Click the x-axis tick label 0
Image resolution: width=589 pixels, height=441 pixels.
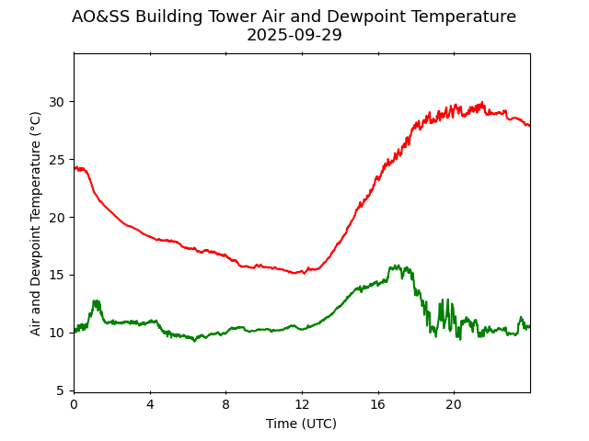tap(74, 404)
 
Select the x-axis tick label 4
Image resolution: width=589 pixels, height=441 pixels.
tap(150, 404)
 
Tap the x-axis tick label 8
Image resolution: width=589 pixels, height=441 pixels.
tap(225, 404)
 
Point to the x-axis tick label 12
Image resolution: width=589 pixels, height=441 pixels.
tap(302, 404)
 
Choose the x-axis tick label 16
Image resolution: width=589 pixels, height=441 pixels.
tap(377, 404)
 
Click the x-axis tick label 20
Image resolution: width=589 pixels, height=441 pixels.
tap(454, 404)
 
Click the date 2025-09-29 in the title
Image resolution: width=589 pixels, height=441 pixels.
tap(294, 36)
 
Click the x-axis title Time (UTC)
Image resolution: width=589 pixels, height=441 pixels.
tap(301, 424)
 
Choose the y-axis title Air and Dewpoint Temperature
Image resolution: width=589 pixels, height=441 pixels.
tap(36, 223)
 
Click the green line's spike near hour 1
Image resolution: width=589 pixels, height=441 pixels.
tap(96, 301)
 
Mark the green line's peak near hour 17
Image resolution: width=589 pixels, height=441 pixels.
tap(397, 266)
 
